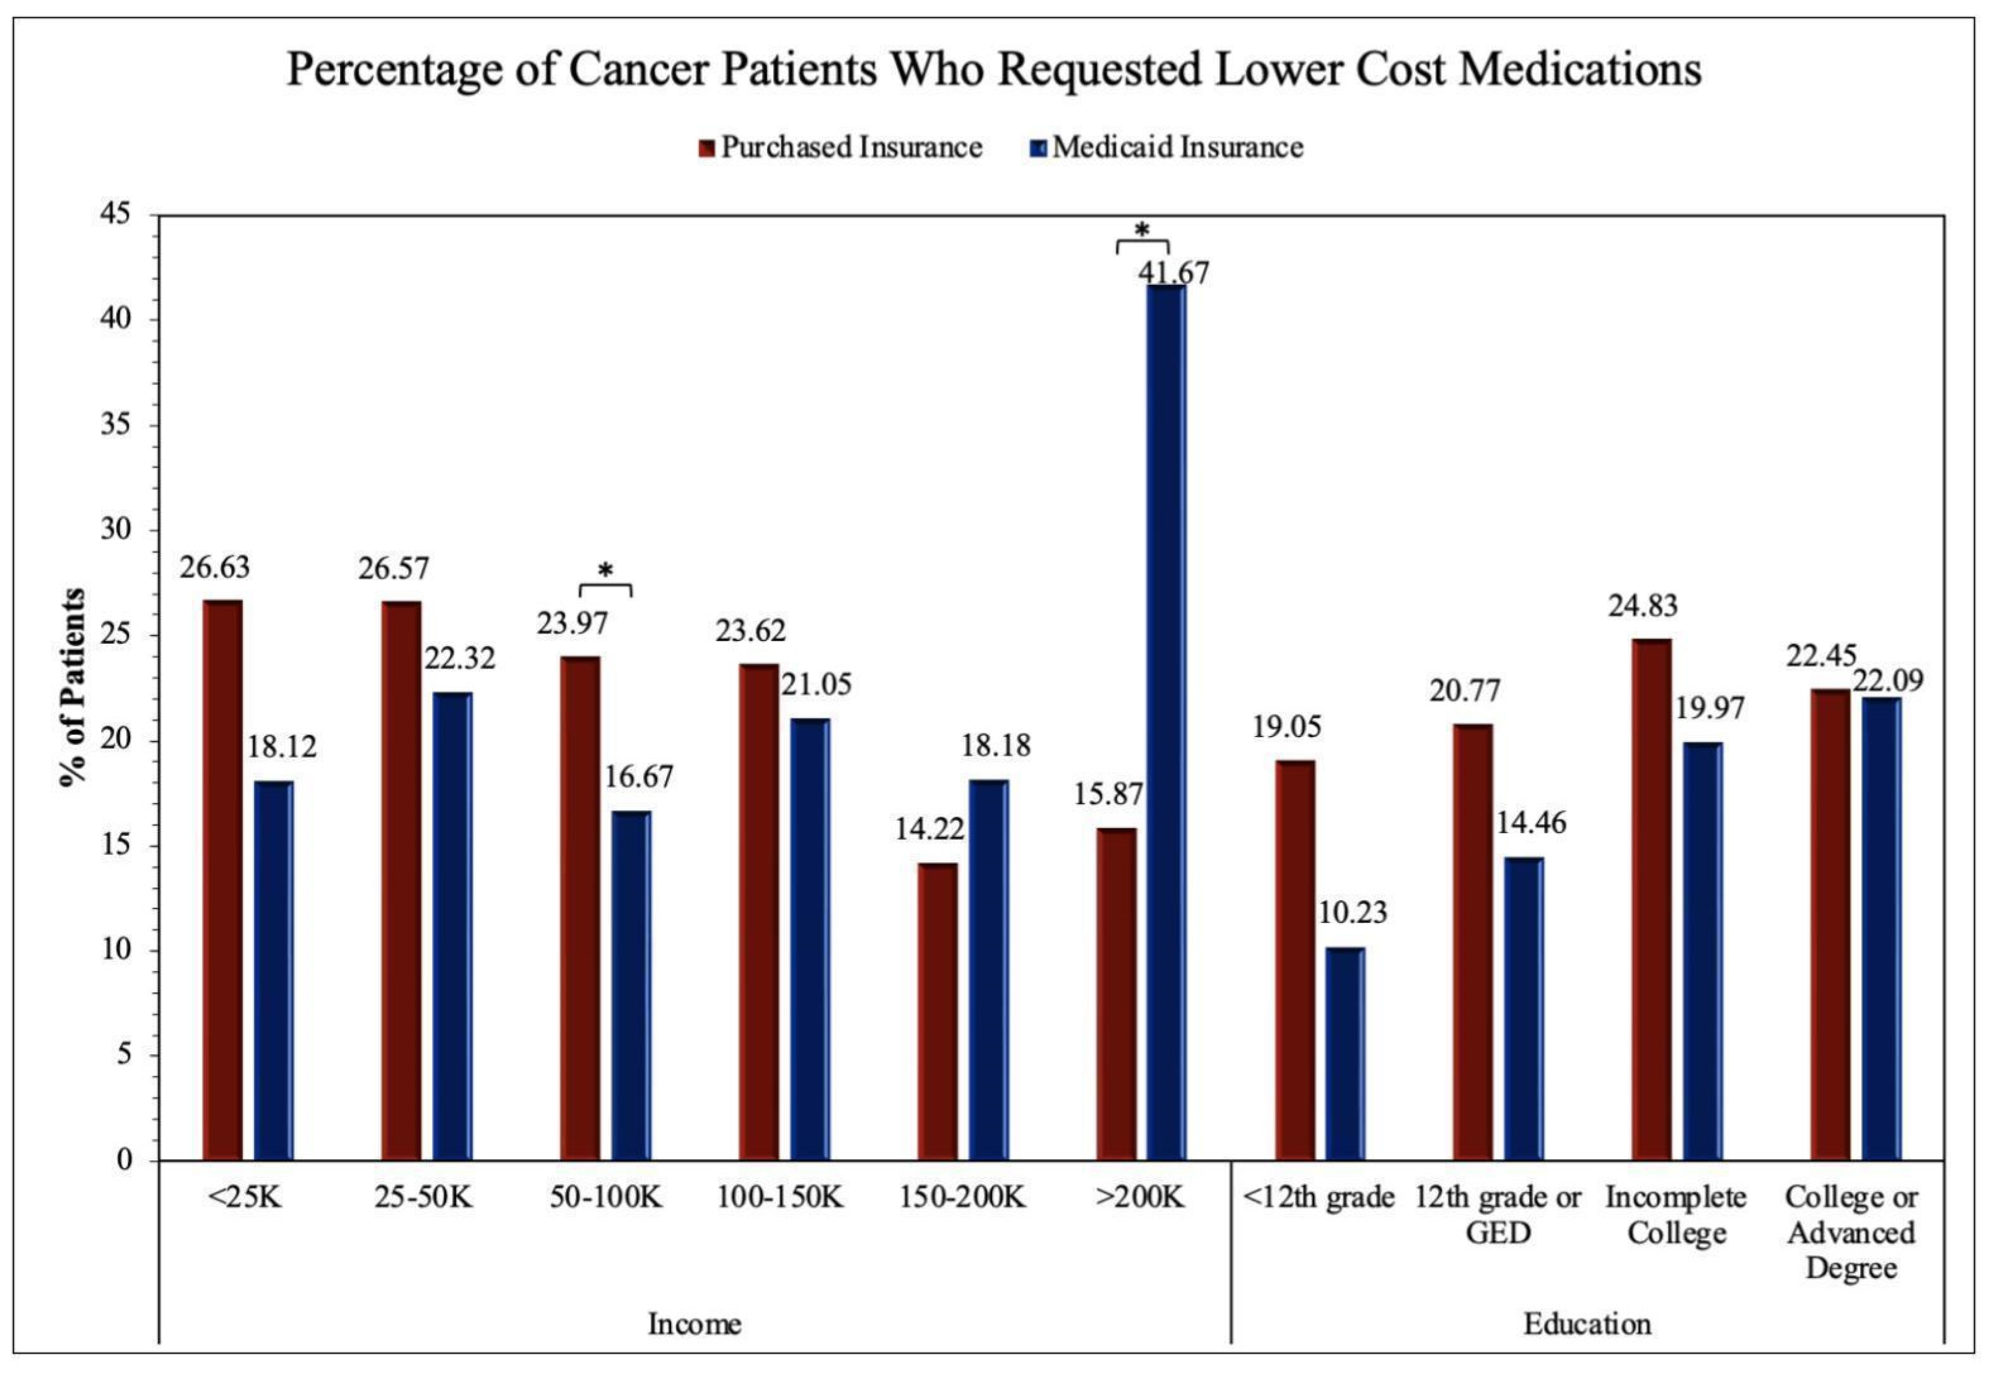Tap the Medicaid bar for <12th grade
point(1345,1054)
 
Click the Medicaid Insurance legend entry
point(1167,147)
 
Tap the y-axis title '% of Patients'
point(74,689)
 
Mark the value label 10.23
point(1353,912)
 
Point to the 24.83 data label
point(1643,606)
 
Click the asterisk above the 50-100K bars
point(605,570)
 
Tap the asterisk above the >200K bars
point(1142,230)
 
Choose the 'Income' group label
point(694,1323)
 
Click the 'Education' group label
point(1587,1323)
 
